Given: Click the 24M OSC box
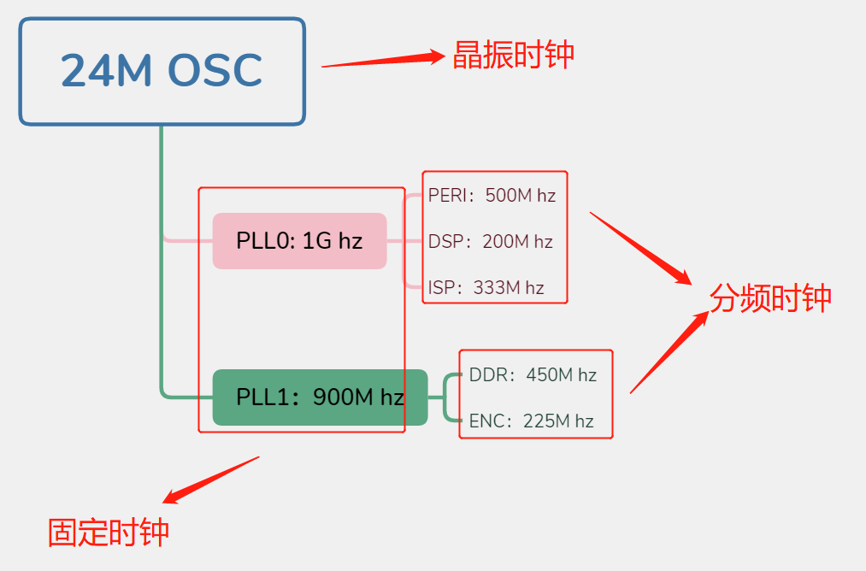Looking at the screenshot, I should point(162,72).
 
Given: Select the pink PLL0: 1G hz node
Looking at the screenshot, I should point(299,241).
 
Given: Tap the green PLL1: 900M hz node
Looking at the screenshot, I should point(319,397).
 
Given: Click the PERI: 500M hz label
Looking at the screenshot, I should point(492,196).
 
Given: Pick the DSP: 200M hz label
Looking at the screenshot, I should point(490,242).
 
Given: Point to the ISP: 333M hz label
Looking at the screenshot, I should point(486,287).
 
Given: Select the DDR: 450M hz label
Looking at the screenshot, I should point(533,375).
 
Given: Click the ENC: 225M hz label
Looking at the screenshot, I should point(531,421).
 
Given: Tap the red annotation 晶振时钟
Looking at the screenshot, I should point(513,55).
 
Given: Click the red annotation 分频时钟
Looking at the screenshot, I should point(770,298).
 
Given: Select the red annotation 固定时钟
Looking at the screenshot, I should point(109,532).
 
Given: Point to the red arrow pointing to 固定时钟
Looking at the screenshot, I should point(211,480).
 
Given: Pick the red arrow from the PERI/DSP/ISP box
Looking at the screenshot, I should point(641,248).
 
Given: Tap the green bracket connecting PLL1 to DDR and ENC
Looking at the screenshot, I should point(445,397).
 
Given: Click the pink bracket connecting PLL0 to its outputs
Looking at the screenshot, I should point(404,241).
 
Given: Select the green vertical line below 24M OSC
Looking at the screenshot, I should point(161,256).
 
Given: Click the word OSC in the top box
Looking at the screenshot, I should point(214,72).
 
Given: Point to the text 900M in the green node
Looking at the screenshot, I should point(345,397).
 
